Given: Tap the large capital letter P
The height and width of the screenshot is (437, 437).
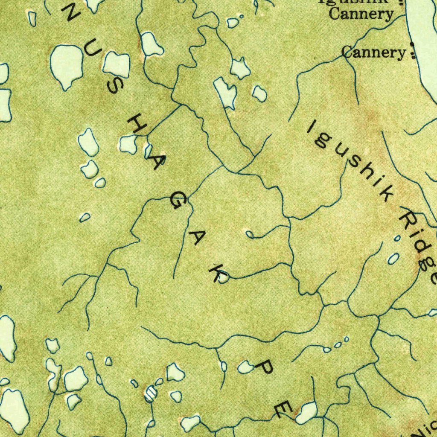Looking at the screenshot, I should coord(265,367).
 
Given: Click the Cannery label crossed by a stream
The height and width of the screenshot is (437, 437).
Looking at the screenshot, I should coord(374,52).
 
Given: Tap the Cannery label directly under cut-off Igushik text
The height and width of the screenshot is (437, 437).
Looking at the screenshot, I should coord(361,14).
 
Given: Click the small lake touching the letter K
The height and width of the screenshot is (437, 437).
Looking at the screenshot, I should coord(224,278).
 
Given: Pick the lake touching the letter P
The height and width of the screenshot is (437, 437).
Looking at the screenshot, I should coord(246,367).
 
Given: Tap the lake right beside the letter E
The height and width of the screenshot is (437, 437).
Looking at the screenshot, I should coord(306,412).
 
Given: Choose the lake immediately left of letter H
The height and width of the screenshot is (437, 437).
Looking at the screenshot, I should coord(128,144).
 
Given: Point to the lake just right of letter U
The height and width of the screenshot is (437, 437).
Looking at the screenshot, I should coord(117,65).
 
